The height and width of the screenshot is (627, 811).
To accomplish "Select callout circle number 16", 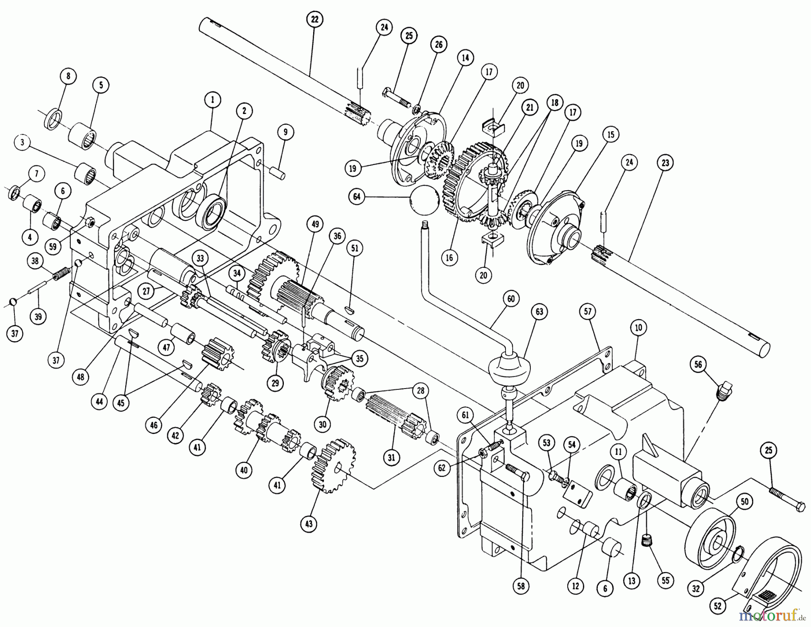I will [x=449, y=257].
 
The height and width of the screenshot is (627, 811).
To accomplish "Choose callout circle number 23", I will [x=665, y=163].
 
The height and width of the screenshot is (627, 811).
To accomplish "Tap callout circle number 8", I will [x=68, y=76].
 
